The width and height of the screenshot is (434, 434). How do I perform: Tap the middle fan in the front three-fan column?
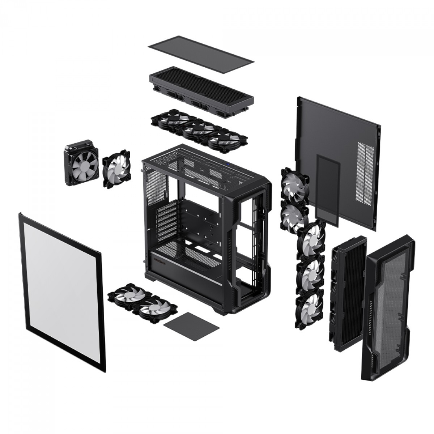click(310, 273)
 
